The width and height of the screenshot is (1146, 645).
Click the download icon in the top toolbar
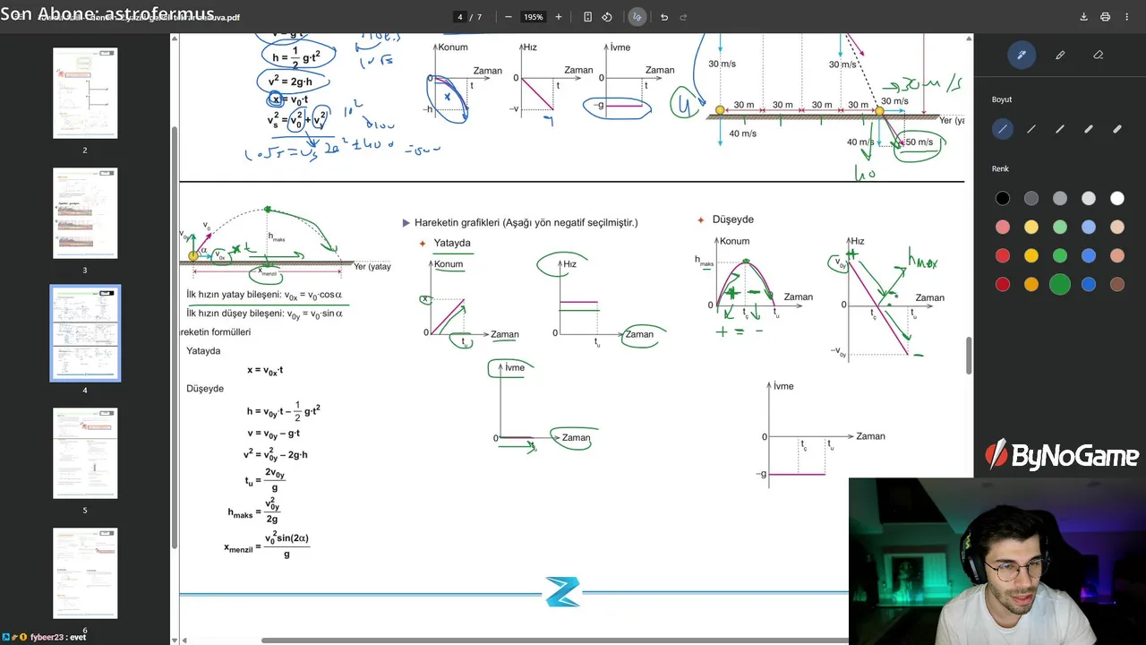pyautogui.click(x=1083, y=17)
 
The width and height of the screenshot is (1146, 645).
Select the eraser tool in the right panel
pyautogui.click(x=1099, y=55)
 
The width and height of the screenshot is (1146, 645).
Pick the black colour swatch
pyautogui.click(x=1003, y=199)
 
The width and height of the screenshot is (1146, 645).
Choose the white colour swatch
pyautogui.click(x=1117, y=199)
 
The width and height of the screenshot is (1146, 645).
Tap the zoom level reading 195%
pyautogui.click(x=534, y=17)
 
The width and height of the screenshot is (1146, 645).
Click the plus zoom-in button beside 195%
pyautogui.click(x=559, y=17)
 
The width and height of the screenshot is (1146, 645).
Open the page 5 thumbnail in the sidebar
pyautogui.click(x=85, y=453)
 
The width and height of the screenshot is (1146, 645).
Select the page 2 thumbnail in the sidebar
pyautogui.click(x=85, y=93)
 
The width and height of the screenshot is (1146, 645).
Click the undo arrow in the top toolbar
pyautogui.click(x=663, y=17)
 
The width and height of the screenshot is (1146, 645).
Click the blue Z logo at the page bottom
pyautogui.click(x=562, y=591)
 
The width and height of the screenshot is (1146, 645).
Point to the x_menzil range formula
pyautogui.click(x=268, y=546)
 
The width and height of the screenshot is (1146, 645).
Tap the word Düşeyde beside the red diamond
pyautogui.click(x=732, y=219)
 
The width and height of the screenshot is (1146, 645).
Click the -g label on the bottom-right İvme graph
pyautogui.click(x=761, y=474)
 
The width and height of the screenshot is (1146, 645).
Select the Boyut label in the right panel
pyautogui.click(x=1002, y=99)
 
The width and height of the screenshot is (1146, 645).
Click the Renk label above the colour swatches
pyautogui.click(x=1000, y=168)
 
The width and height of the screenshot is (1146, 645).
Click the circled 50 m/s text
pyautogui.click(x=919, y=142)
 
